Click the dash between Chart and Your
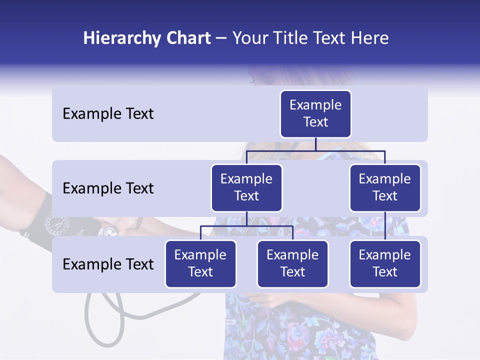tap(221, 39)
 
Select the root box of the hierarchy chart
tap(315, 113)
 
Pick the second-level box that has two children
tap(246, 187)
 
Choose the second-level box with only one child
tap(385, 187)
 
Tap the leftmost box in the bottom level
tap(200, 263)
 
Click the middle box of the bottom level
tap(292, 263)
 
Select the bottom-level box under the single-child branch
tap(385, 263)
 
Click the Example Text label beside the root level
tap(108, 114)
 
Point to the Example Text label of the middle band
tap(108, 188)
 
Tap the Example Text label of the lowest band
tap(108, 264)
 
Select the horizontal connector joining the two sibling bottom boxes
tap(246, 226)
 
